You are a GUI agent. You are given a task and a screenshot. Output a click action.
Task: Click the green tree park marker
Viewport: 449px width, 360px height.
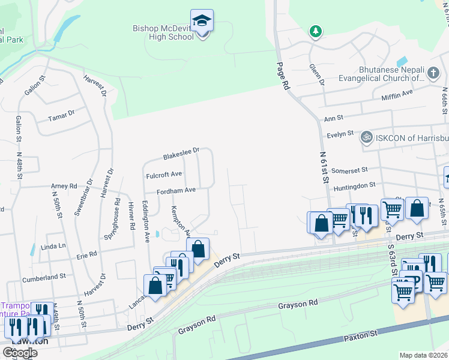pos(314,30)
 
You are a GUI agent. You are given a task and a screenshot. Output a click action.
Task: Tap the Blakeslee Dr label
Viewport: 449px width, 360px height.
pos(181,154)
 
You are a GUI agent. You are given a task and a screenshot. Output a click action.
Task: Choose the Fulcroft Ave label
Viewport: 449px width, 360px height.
pos(164,175)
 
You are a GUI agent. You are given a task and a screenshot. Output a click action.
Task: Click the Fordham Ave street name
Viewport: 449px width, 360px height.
pos(176,190)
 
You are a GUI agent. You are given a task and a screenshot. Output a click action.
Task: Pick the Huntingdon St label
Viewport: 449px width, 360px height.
pos(354,187)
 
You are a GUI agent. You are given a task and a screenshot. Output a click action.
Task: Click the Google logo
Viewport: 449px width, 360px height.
pos(20,352)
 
